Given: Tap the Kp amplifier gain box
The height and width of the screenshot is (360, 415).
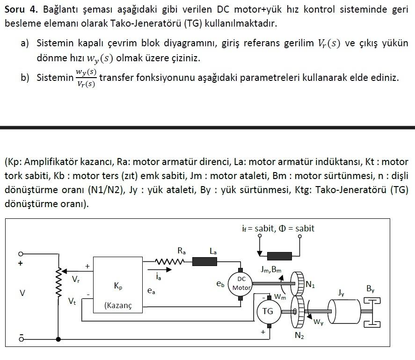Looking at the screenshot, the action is tap(118, 285).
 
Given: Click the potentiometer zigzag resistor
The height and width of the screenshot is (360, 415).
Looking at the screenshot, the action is tap(59, 283).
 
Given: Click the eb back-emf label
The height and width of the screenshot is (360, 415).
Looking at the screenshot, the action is tap(220, 283).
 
